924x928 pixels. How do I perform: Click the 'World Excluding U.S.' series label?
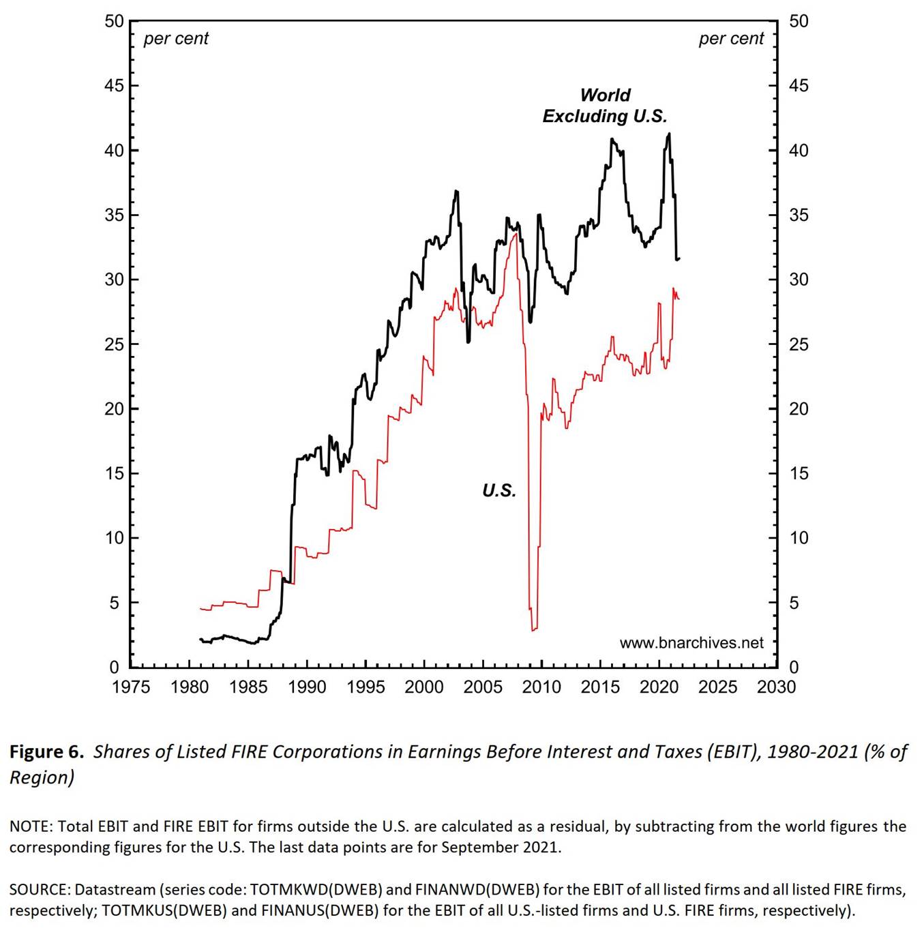605,106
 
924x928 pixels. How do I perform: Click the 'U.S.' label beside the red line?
498,490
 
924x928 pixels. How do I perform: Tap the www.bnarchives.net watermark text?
691,643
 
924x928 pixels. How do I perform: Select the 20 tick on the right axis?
799,409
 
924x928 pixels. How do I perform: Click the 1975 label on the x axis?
131,687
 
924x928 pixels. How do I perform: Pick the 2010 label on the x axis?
541,687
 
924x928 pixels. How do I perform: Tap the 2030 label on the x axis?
776,687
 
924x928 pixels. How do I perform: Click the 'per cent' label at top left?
176,39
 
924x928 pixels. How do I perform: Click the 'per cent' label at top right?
731,39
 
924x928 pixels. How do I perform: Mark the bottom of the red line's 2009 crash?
533,629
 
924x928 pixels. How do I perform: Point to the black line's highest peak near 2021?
669,134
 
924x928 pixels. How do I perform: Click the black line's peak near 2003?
456,192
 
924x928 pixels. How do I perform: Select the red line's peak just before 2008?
516,234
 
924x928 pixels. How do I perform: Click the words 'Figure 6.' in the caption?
46,751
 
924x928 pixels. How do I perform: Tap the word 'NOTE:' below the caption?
31,826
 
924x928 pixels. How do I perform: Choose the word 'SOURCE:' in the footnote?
40,890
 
